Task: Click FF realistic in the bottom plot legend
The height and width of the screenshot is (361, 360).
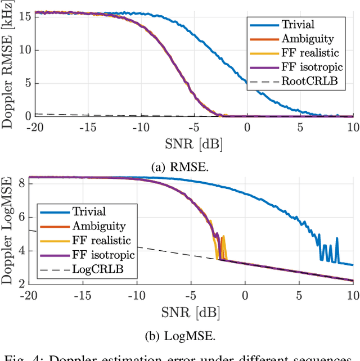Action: coord(103,241)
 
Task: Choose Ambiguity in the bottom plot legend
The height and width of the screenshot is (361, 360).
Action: coord(98,226)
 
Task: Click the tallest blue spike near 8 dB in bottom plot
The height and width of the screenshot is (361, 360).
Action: coord(337,238)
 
